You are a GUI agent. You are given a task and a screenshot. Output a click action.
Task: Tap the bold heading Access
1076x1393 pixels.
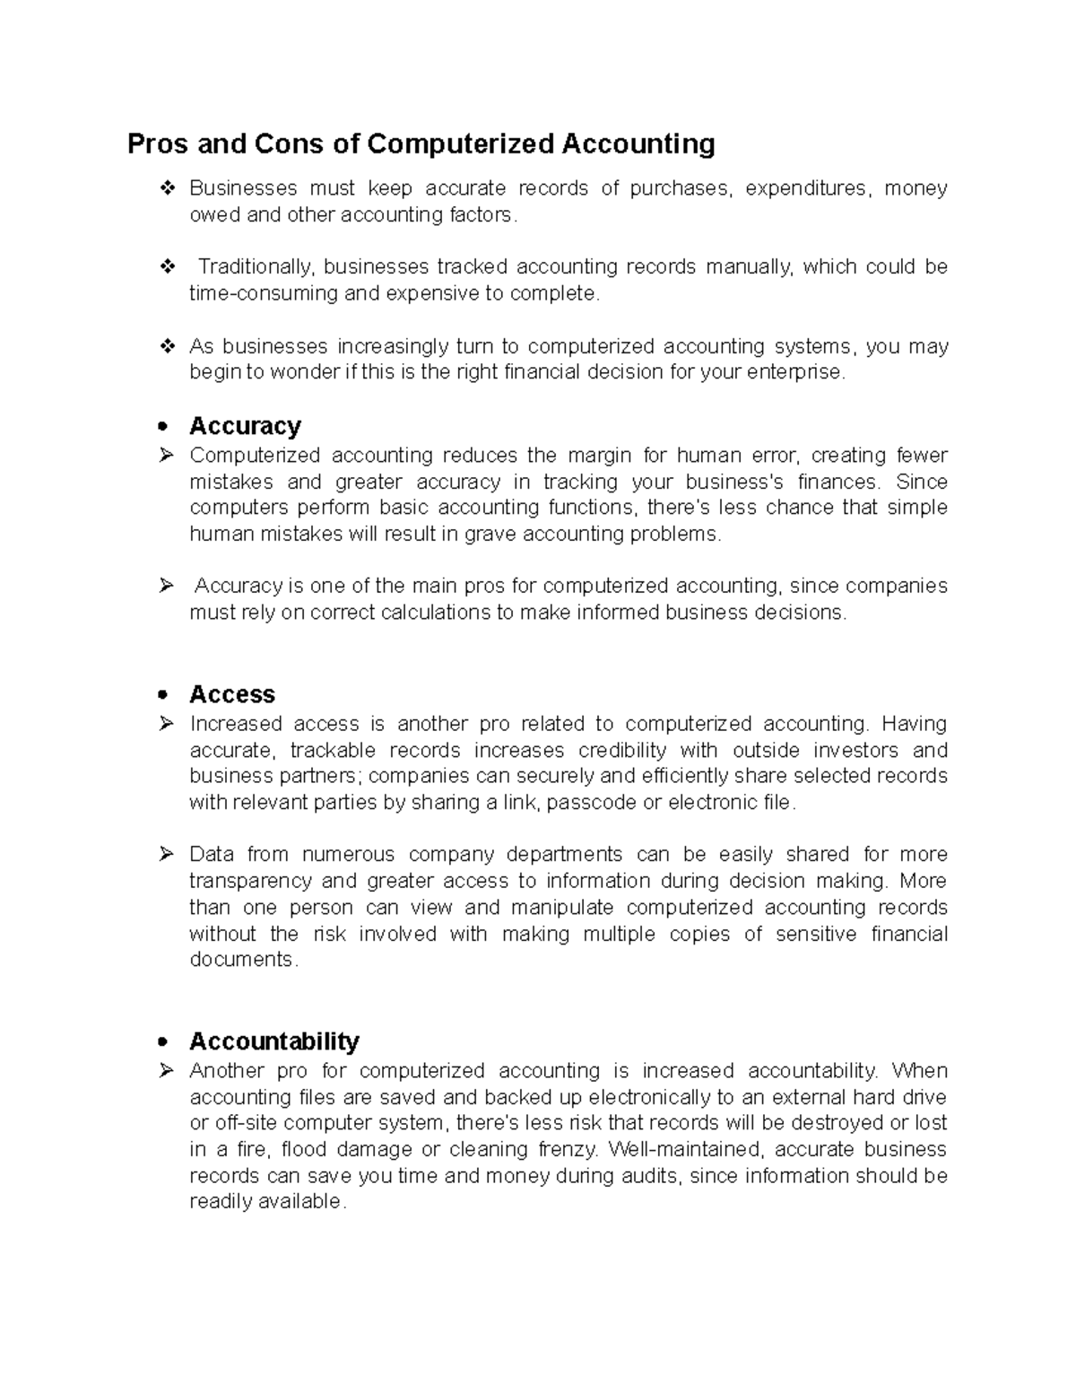pos(231,694)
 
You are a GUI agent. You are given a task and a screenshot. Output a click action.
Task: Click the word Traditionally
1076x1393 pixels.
pos(256,266)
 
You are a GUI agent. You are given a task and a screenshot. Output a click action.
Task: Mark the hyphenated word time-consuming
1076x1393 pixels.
pos(264,293)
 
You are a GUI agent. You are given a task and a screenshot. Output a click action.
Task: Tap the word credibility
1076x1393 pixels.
pos(622,750)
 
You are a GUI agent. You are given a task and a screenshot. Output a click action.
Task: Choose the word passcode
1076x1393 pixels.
pos(592,802)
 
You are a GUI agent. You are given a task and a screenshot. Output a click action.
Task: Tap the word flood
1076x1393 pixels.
pos(305,1149)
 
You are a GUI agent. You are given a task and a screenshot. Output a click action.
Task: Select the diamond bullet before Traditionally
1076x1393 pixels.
pos(167,266)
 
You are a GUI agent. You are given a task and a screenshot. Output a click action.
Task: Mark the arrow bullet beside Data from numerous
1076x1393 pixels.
pos(166,854)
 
